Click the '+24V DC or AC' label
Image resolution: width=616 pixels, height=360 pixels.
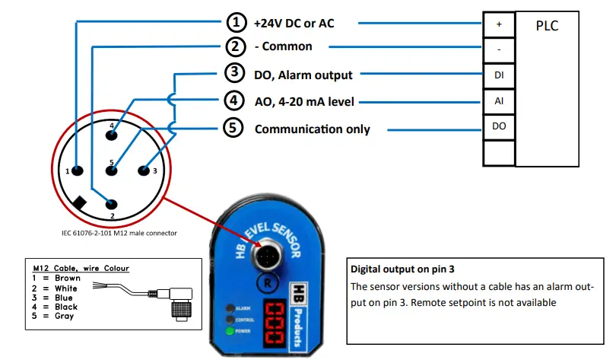tap(294, 24)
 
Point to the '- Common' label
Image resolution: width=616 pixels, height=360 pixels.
tap(283, 46)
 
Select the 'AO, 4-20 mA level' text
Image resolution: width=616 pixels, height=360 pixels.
tap(304, 101)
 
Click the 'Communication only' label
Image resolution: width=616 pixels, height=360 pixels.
tap(312, 129)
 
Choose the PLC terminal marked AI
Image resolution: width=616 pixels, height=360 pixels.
tap(499, 101)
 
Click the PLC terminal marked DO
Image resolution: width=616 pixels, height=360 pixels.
tap(499, 126)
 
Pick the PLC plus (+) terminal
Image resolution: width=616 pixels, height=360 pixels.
tap(499, 24)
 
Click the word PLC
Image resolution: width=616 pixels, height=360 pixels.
tap(547, 26)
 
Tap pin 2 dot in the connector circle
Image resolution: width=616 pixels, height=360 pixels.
tap(113, 204)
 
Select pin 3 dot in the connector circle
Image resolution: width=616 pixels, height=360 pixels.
tap(144, 170)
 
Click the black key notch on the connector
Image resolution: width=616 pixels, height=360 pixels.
tap(80, 203)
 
